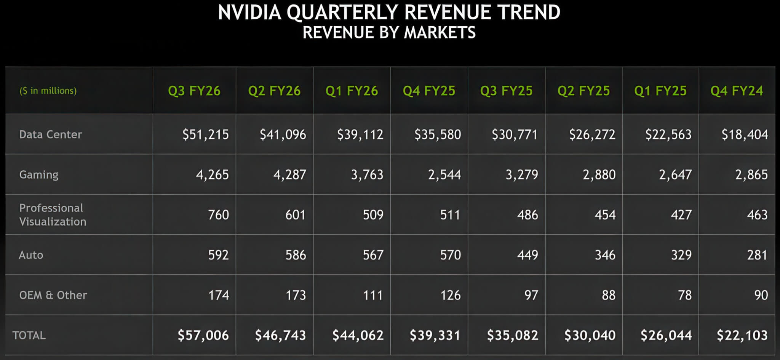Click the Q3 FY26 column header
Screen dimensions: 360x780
[194, 91]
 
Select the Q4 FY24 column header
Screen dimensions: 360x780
[737, 91]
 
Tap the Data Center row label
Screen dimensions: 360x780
[51, 134]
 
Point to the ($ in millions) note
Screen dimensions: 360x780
[48, 91]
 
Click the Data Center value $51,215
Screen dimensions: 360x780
[205, 134]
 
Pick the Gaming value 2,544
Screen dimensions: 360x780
[444, 174]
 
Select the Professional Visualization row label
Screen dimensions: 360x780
[53, 214]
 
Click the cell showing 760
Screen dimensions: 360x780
[218, 215]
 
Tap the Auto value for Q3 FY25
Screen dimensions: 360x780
[527, 255]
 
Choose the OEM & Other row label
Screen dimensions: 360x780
[53, 295]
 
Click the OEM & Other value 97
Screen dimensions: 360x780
[531, 295]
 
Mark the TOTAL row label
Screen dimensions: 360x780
[29, 335]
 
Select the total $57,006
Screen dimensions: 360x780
[203, 335]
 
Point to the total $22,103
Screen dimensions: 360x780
[742, 335]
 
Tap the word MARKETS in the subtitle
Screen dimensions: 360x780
[440, 32]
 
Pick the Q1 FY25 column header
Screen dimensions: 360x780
[660, 91]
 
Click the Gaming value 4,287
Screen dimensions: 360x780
[289, 174]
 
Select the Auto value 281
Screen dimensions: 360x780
[757, 255]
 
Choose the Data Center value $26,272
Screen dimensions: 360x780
[592, 134]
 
